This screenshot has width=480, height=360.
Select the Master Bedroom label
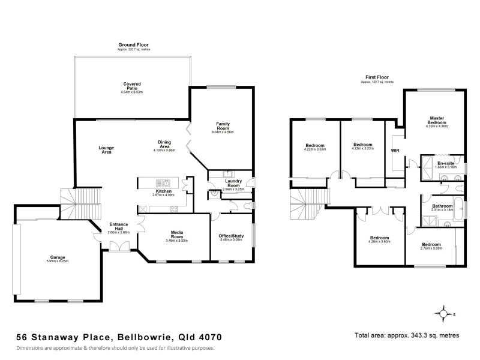(x=436, y=119)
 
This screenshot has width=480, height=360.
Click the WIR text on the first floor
(x=395, y=151)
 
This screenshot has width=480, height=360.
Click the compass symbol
(x=444, y=313)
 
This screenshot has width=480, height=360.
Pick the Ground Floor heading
(x=134, y=44)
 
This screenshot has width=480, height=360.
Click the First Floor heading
(x=377, y=77)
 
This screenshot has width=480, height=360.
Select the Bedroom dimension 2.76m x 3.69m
(x=431, y=249)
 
